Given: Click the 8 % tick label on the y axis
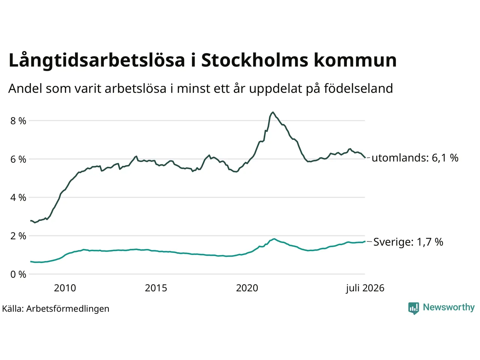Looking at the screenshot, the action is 18,121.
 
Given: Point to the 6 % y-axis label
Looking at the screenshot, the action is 18,159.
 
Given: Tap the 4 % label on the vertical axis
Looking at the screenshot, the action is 18,198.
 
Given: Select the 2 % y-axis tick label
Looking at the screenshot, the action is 18,236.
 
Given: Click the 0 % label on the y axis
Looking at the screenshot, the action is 18,274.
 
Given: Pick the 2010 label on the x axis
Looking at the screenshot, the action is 65,288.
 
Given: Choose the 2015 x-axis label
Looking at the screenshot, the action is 156,288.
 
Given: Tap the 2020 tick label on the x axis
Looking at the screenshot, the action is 247,288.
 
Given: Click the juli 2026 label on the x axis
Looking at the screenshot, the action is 365,288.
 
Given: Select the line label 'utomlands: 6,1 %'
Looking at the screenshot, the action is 415,157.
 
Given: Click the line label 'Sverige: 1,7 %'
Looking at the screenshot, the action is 408,242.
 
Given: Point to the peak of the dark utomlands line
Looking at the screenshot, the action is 273,112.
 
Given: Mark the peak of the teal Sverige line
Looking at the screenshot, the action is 274,239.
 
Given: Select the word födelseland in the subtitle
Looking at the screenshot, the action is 358,88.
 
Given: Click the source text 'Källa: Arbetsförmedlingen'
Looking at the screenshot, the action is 56,309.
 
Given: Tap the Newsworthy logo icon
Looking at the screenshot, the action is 414,308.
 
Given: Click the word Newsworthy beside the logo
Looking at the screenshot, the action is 449,307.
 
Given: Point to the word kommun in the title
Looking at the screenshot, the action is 355,60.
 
